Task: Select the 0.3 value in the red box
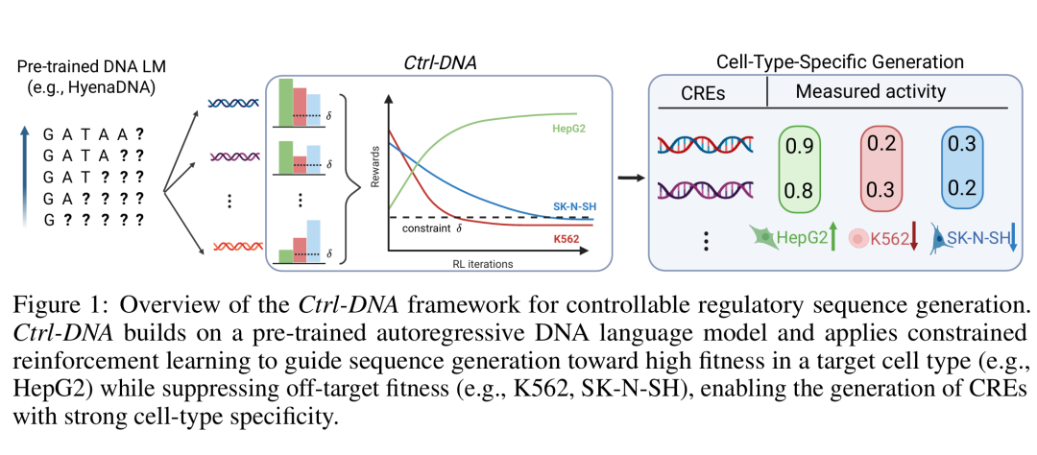[x=880, y=189]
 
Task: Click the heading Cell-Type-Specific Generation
[x=839, y=62]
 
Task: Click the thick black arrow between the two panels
[x=630, y=177]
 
